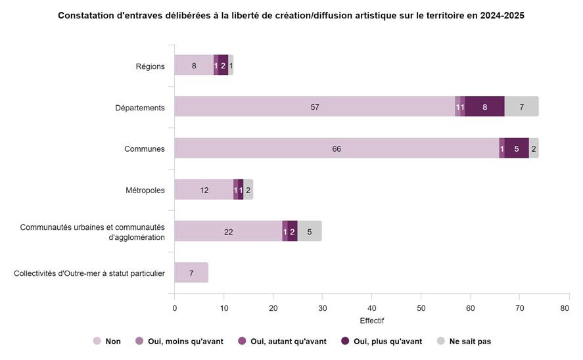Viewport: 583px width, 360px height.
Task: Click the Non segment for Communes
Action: pyautogui.click(x=337, y=148)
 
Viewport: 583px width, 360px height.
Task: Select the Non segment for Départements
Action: pyautogui.click(x=314, y=107)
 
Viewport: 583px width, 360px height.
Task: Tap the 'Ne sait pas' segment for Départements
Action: pyautogui.click(x=521, y=107)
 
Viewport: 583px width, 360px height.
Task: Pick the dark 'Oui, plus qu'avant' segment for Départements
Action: pyautogui.click(x=484, y=107)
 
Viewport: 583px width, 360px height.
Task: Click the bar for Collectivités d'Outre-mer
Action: pyautogui.click(x=191, y=273)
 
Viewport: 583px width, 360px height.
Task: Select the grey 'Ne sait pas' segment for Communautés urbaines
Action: pyautogui.click(x=310, y=231)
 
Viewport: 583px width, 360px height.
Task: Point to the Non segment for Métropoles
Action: pyautogui.click(x=204, y=190)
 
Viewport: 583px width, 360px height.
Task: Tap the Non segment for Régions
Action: pyautogui.click(x=194, y=66)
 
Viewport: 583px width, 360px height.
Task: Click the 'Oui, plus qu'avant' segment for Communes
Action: pyautogui.click(x=517, y=148)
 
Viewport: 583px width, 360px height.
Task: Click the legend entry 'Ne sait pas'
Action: pyautogui.click(x=464, y=341)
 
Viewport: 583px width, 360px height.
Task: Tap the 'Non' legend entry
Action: pyautogui.click(x=107, y=341)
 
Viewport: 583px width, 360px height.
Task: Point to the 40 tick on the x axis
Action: pyautogui.click(x=371, y=307)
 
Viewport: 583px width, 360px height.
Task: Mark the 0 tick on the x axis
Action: pyautogui.click(x=174, y=307)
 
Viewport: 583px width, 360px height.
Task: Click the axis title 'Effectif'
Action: pyautogui.click(x=371, y=321)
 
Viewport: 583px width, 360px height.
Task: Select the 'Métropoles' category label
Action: pyautogui.click(x=145, y=191)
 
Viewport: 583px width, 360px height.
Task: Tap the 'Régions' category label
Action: pyautogui.click(x=150, y=66)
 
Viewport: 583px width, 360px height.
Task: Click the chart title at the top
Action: pyautogui.click(x=291, y=15)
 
